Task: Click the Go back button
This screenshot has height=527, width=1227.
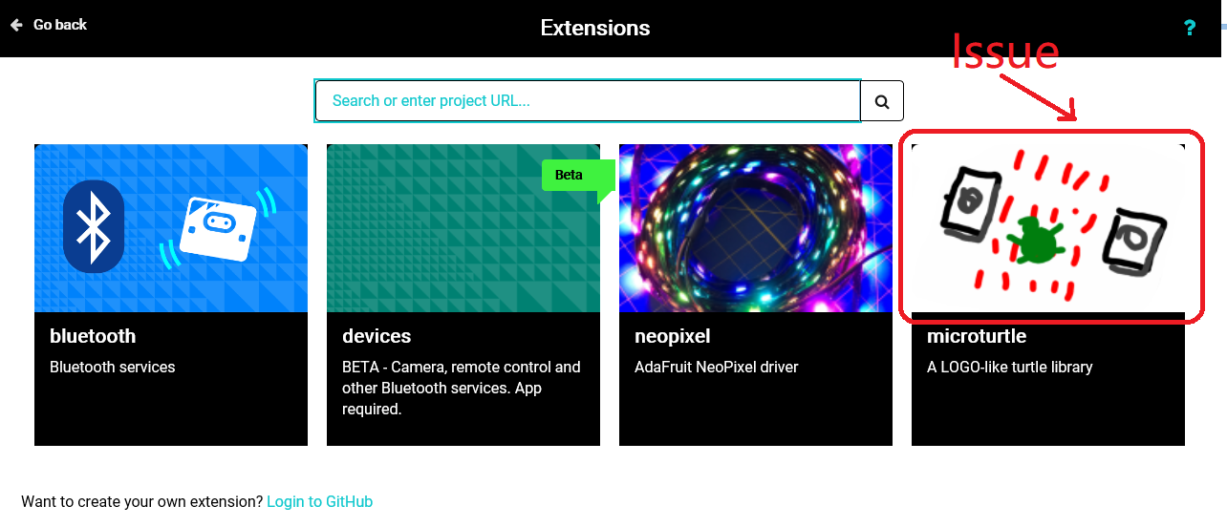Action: click(49, 25)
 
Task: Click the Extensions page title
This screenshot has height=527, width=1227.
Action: click(594, 28)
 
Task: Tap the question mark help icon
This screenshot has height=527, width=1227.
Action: click(1190, 28)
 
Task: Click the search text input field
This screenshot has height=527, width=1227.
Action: click(587, 100)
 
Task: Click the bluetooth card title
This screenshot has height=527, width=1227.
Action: click(93, 336)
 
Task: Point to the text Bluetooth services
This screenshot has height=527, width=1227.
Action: click(112, 367)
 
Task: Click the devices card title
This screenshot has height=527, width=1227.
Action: click(377, 336)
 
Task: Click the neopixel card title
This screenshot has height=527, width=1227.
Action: click(673, 336)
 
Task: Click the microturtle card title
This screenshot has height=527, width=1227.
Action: click(977, 336)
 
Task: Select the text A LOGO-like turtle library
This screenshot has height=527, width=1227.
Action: click(1009, 367)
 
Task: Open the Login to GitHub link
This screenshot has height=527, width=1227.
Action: click(319, 501)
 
